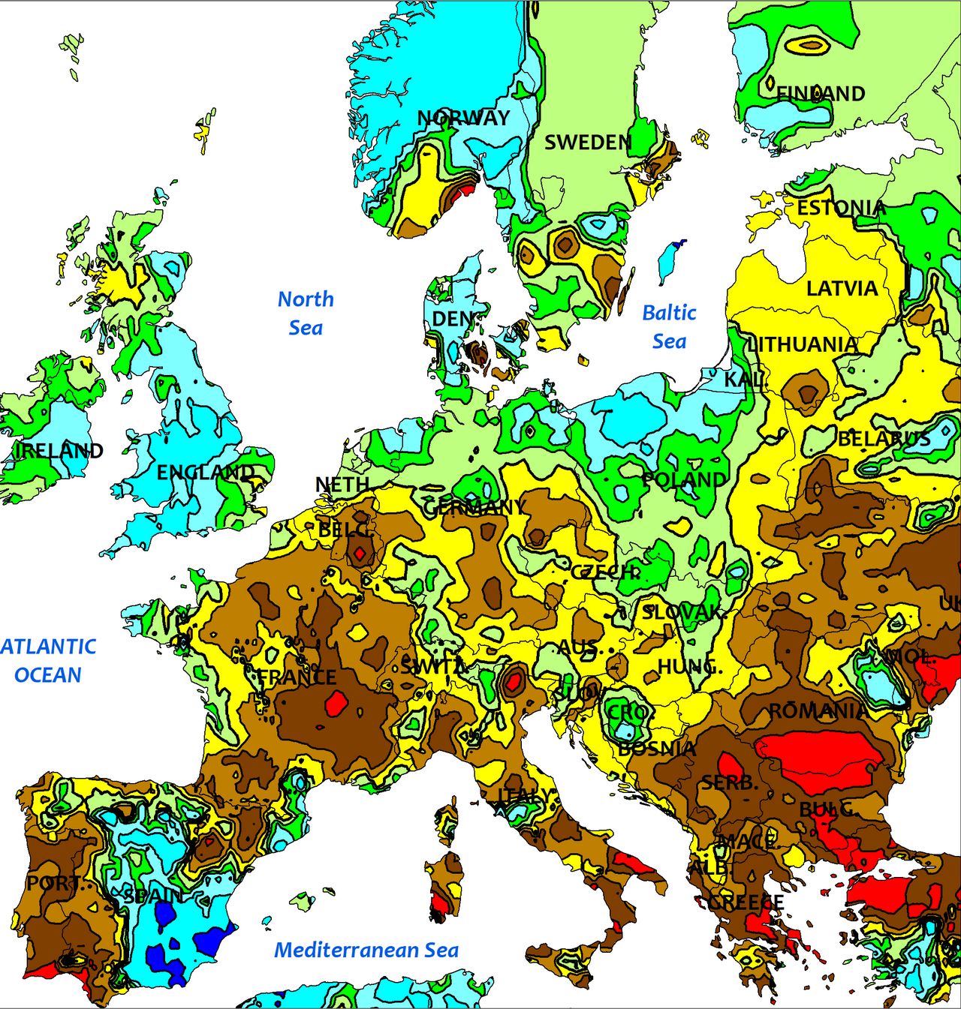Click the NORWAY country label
463,118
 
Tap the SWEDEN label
588,143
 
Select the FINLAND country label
821,94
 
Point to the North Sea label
306,313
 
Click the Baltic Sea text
669,326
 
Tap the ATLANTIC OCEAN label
48,660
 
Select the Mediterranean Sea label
366,950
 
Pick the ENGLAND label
205,473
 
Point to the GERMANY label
474,508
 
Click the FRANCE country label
297,677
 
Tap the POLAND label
684,479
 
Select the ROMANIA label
817,710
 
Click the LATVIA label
842,288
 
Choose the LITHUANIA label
803,344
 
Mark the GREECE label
746,902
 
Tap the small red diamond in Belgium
360,554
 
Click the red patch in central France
336,704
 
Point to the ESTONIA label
841,208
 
